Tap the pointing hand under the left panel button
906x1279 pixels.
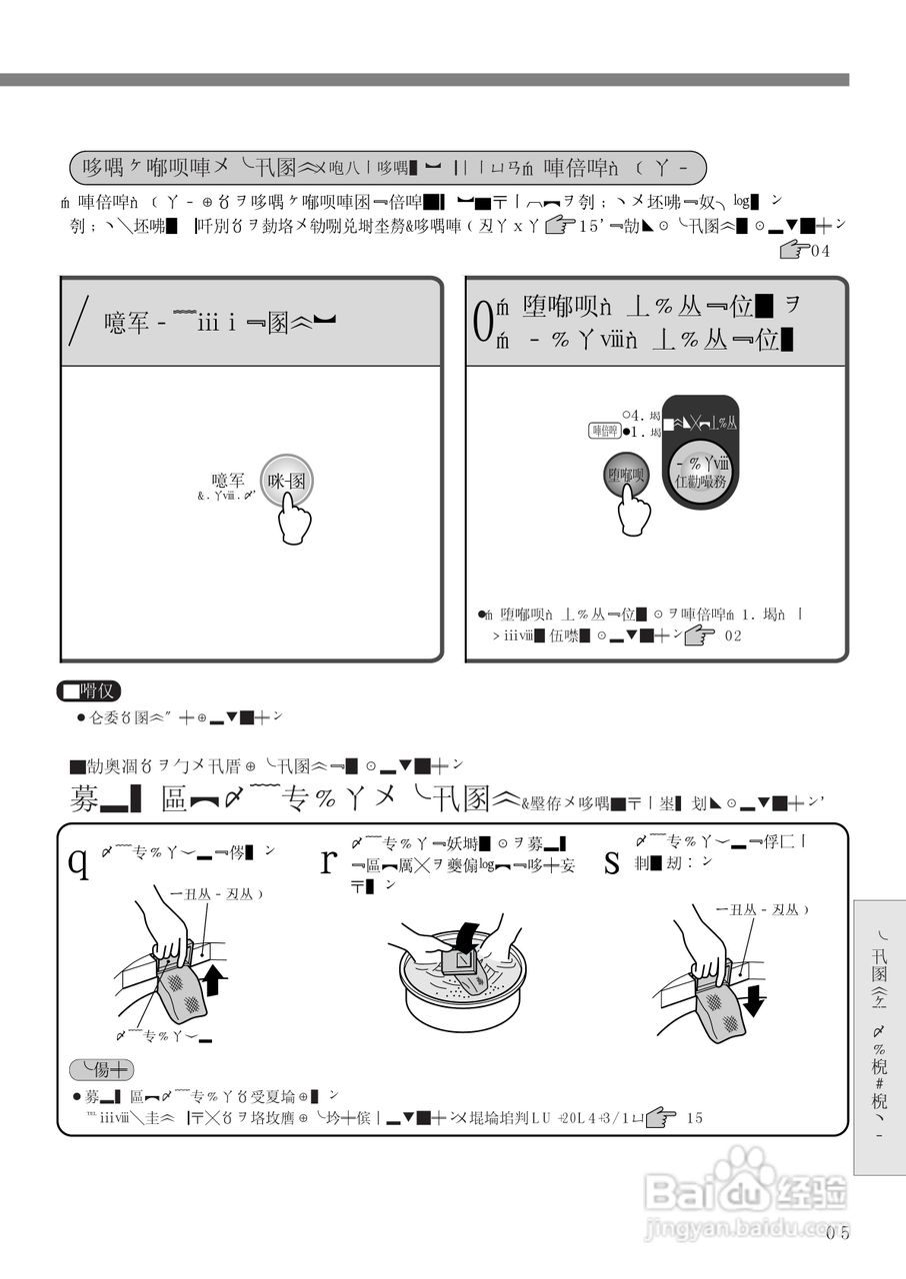point(294,520)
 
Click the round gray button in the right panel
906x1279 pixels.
point(627,474)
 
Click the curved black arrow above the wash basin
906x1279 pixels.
point(464,938)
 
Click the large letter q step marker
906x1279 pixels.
point(77,858)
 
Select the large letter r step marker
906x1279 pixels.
point(327,858)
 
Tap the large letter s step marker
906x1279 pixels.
point(612,858)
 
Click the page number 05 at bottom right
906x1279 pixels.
point(838,1233)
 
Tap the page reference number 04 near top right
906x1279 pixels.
point(820,252)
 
